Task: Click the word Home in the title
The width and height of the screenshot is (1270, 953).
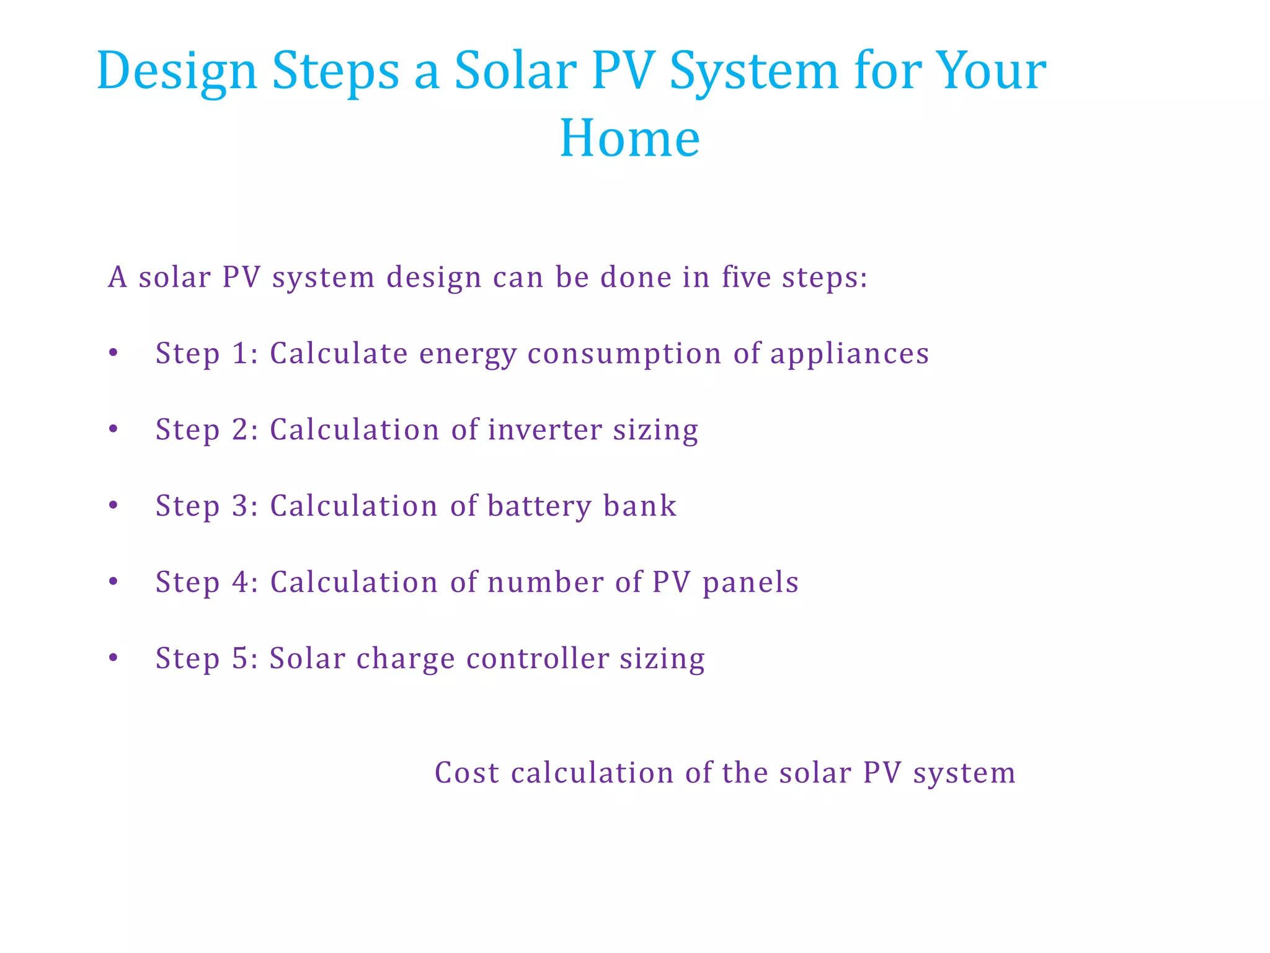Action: click(629, 138)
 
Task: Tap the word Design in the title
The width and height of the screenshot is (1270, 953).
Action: click(177, 72)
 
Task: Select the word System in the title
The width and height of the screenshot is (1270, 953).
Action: click(753, 72)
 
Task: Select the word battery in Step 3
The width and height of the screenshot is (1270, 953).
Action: click(540, 506)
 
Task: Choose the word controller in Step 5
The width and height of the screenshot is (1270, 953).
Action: click(538, 658)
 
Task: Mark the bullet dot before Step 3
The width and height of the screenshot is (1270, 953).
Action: click(113, 506)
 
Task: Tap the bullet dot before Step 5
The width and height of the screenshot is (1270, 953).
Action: click(113, 658)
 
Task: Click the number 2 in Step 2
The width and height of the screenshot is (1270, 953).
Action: click(241, 430)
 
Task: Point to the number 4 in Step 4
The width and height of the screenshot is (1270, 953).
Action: click(241, 583)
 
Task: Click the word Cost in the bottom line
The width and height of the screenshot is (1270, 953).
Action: click(467, 773)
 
